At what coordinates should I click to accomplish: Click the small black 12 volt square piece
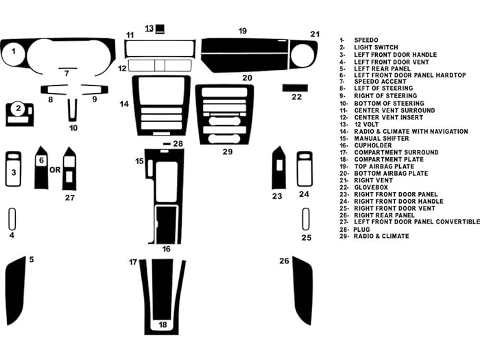point(160,29)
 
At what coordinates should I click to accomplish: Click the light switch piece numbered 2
point(20,113)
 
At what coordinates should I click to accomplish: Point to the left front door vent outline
point(12,219)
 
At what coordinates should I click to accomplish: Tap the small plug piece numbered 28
point(167,144)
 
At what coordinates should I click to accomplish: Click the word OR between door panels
point(55,169)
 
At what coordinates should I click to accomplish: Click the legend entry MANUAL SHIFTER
point(383,138)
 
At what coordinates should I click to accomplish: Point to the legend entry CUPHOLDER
point(374,145)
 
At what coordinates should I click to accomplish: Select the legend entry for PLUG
point(364,229)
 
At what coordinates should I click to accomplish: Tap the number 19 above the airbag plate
point(243,31)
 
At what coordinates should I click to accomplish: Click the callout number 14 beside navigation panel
point(124,104)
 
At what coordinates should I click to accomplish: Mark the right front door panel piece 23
point(278,168)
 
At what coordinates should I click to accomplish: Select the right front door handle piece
point(304,169)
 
